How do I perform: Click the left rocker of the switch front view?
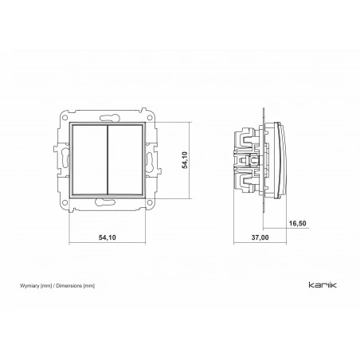90,160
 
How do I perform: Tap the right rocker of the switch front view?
125,160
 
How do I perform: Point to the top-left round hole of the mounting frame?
65,118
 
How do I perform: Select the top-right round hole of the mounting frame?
150,118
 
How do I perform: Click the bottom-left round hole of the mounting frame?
65,203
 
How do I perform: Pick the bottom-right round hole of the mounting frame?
150,203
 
